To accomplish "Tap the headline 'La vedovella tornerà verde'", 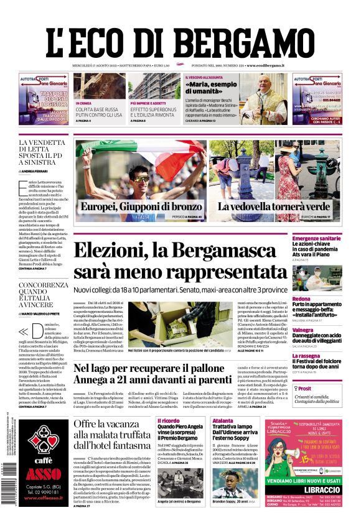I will [x=274, y=206].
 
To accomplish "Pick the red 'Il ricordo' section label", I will [x=168, y=420].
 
